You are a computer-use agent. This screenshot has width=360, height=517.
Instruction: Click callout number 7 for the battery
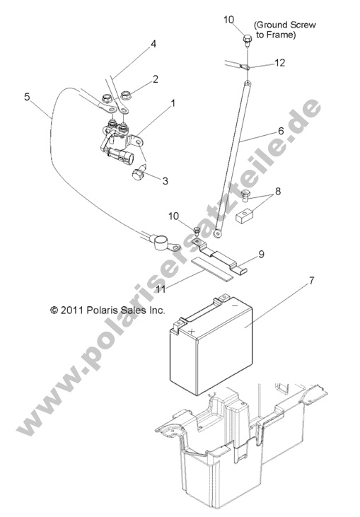point(311,281)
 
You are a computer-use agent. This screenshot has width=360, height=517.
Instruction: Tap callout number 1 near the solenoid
point(173,103)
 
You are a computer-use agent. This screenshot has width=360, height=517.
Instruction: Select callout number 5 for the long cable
point(27,97)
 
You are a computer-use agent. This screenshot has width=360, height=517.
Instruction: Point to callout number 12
point(279,62)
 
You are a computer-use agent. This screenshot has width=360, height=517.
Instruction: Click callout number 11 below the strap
point(161,289)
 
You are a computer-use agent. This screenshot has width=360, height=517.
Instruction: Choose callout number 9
point(261,255)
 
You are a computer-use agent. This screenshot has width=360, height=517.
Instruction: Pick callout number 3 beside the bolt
point(165,180)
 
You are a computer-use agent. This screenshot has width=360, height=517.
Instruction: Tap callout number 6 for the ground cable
point(281,131)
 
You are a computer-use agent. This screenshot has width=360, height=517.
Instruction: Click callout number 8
point(278,191)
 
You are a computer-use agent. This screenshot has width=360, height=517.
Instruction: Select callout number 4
point(153,44)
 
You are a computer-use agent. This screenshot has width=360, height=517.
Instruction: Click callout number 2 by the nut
point(156,79)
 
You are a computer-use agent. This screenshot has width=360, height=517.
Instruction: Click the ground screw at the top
point(248,40)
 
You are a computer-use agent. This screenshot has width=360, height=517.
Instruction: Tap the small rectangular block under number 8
point(245,216)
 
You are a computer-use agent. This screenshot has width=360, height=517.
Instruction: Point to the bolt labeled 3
point(139,172)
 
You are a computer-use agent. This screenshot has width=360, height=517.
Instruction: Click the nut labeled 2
point(126,95)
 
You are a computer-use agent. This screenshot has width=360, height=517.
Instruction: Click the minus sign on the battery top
point(235,306)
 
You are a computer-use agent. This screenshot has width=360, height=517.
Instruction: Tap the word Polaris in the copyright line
point(103,310)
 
